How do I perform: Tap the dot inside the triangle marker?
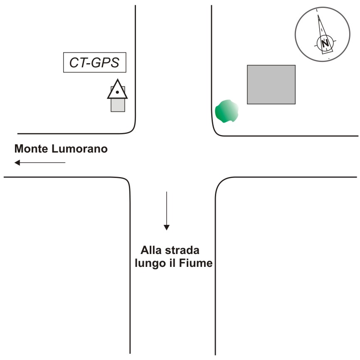[x=117, y=92]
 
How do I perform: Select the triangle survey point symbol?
[x=117, y=89]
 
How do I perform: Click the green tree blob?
[x=227, y=111]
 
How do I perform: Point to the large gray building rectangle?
[x=271, y=84]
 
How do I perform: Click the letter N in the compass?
[x=325, y=43]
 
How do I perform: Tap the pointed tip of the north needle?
[x=318, y=15]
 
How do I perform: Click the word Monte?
[x=31, y=148]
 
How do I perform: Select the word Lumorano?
[x=79, y=148]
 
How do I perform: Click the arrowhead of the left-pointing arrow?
[x=17, y=163]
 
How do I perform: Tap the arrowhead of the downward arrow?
[x=166, y=227]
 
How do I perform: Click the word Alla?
[x=151, y=250]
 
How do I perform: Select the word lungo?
[x=150, y=263]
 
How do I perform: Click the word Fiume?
[x=196, y=263]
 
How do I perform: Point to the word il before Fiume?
[x=173, y=263]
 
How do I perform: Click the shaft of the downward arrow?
[x=166, y=208]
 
